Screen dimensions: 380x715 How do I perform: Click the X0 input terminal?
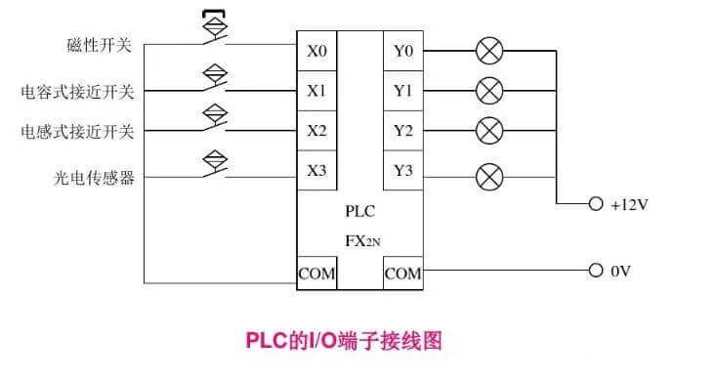(316, 51)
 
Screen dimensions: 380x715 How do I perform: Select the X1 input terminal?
(316, 91)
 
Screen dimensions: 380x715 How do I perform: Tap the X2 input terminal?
(316, 130)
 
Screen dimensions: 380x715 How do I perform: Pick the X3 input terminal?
(316, 171)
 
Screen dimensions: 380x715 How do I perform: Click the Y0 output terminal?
(402, 51)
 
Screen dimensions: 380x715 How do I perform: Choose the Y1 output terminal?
(402, 91)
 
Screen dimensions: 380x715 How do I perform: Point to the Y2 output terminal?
(402, 130)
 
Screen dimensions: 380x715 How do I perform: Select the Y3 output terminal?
(402, 171)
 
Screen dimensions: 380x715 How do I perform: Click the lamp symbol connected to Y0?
(488, 50)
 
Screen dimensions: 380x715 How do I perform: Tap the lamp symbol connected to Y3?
(488, 177)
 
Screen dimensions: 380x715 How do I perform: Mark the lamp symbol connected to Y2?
(488, 130)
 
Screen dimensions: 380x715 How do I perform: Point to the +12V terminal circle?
(595, 205)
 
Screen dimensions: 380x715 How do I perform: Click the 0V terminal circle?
(595, 270)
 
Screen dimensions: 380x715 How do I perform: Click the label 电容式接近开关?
(77, 92)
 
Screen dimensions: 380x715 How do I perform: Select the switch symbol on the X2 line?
(214, 121)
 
